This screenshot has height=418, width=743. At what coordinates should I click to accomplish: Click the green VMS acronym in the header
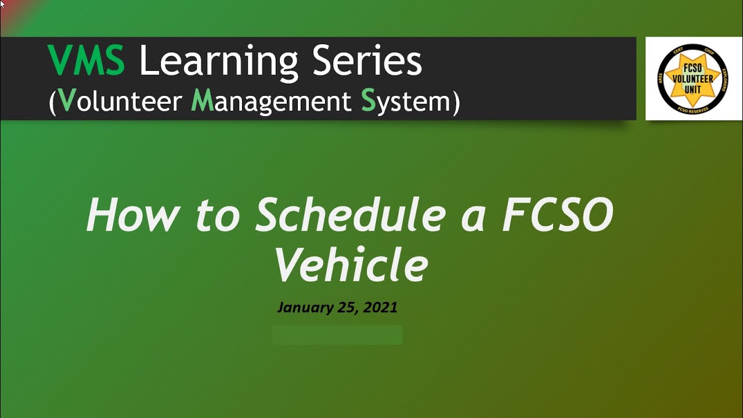pyautogui.click(x=86, y=61)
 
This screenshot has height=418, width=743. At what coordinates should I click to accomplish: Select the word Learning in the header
pyautogui.click(x=218, y=62)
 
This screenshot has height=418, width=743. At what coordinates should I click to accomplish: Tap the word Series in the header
pyautogui.click(x=367, y=61)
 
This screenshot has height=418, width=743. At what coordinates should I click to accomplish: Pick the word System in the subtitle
pyautogui.click(x=406, y=102)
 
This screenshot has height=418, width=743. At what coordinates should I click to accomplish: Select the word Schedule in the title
pyautogui.click(x=350, y=215)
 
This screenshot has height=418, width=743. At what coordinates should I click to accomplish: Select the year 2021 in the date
pyautogui.click(x=380, y=307)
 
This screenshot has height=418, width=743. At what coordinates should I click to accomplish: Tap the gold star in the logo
pyautogui.click(x=693, y=78)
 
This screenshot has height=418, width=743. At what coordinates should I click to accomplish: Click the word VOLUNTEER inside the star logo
pyautogui.click(x=693, y=79)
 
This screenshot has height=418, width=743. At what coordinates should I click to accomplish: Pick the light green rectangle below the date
pyautogui.click(x=337, y=335)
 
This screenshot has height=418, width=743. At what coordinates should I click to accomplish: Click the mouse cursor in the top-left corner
pyautogui.click(x=2, y=3)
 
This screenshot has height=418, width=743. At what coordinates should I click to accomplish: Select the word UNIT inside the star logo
pyautogui.click(x=693, y=89)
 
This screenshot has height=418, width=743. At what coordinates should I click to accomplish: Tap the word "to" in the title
pyautogui.click(x=222, y=215)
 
